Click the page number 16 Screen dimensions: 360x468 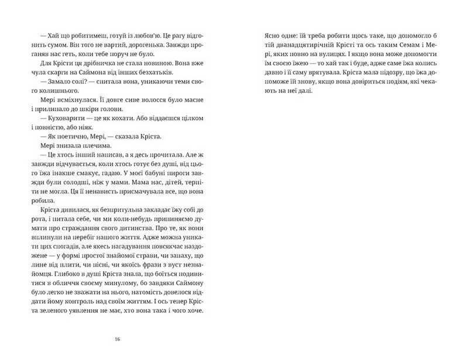(x=118, y=338)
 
